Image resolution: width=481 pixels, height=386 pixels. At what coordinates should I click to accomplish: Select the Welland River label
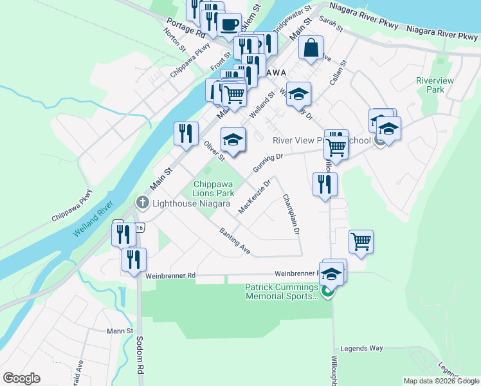tap(93, 219)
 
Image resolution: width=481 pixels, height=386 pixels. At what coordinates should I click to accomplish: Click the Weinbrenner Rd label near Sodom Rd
tap(170, 275)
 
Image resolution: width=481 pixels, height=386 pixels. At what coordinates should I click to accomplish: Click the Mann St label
tap(120, 331)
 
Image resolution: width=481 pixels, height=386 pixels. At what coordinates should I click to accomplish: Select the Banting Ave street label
tap(234, 240)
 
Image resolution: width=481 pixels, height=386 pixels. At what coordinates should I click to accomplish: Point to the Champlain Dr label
tap(291, 214)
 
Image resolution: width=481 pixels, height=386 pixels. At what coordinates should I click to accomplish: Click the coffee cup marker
tap(228, 24)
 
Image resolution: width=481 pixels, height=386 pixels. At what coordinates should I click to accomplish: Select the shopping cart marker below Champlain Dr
tap(361, 242)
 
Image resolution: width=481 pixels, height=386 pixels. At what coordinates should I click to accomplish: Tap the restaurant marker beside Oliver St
tap(185, 134)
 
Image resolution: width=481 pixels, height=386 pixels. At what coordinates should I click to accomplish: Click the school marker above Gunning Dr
tap(233, 140)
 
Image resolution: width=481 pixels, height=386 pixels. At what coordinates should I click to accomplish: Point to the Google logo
tap(21, 378)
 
